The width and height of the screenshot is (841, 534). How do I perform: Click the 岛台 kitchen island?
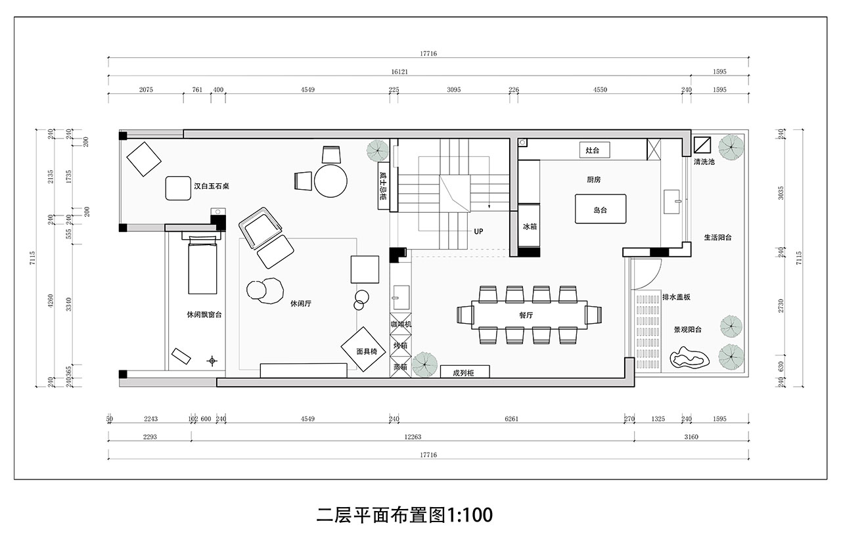(601, 209)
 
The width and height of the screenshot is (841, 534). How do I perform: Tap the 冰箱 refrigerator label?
(530, 227)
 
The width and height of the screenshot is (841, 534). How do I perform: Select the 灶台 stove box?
(595, 150)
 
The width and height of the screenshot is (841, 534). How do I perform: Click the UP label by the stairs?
(478, 232)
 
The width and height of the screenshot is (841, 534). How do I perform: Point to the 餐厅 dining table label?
(526, 315)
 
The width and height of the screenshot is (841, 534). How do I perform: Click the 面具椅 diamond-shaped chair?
(364, 349)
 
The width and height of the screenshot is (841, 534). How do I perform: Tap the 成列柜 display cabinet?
(465, 372)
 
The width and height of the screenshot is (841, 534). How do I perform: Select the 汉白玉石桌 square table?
(178, 188)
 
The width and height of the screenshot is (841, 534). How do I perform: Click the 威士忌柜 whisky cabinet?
(383, 186)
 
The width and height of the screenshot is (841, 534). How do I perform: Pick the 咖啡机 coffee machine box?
(401, 323)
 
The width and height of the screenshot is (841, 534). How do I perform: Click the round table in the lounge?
(330, 181)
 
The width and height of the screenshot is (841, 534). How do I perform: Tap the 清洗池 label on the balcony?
(704, 162)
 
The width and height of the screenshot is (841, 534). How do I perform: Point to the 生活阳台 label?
(717, 237)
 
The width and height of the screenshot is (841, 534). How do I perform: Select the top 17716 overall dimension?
(428, 54)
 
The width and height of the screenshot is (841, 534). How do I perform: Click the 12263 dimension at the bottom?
(413, 437)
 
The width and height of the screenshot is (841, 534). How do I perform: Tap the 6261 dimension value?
(511, 419)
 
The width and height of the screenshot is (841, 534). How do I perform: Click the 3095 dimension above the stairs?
(453, 90)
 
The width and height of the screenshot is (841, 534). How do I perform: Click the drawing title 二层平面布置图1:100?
(404, 515)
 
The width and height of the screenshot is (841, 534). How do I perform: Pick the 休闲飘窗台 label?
(204, 315)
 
